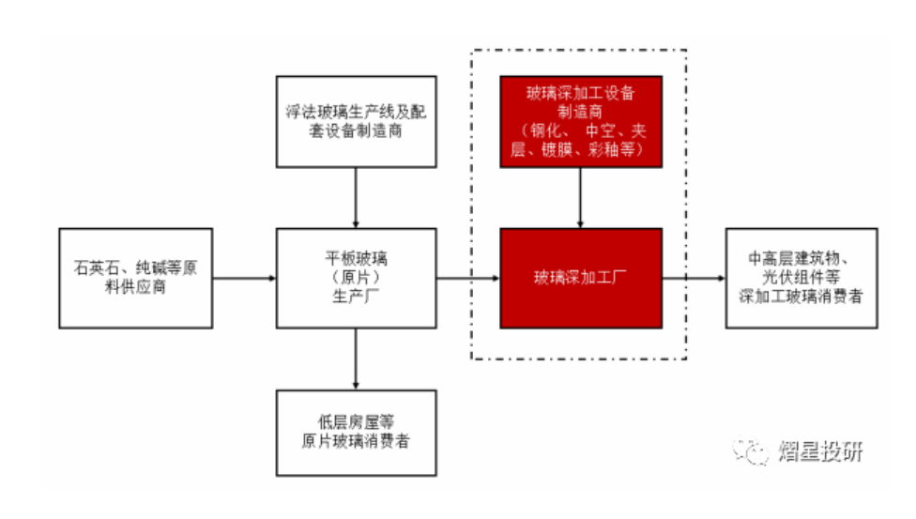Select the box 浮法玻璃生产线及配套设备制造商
tap(356, 122)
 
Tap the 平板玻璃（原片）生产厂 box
tap(356, 278)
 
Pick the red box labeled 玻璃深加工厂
tap(580, 278)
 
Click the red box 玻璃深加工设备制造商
tap(580, 122)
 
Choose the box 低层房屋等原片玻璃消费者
tap(356, 433)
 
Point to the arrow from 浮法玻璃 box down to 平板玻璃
tap(356, 198)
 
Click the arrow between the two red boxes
tap(580, 198)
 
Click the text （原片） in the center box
tap(356, 278)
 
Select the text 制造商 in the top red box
tap(580, 111)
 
